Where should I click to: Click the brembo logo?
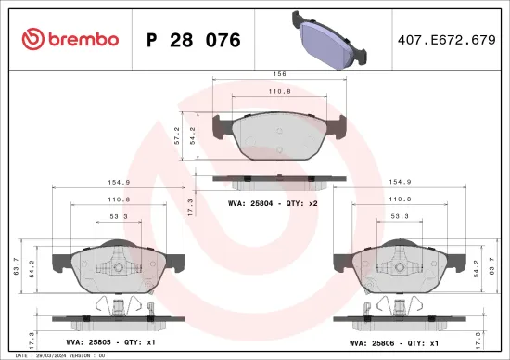point(70,39)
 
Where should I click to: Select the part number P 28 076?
point(194,40)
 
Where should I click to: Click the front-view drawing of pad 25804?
point(279,139)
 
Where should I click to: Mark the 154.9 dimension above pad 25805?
point(116,183)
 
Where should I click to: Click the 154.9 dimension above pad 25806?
point(400,183)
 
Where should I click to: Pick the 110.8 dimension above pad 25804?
point(279,92)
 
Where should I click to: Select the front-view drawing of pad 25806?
point(400,269)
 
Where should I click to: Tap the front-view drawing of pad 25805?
point(116,269)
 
